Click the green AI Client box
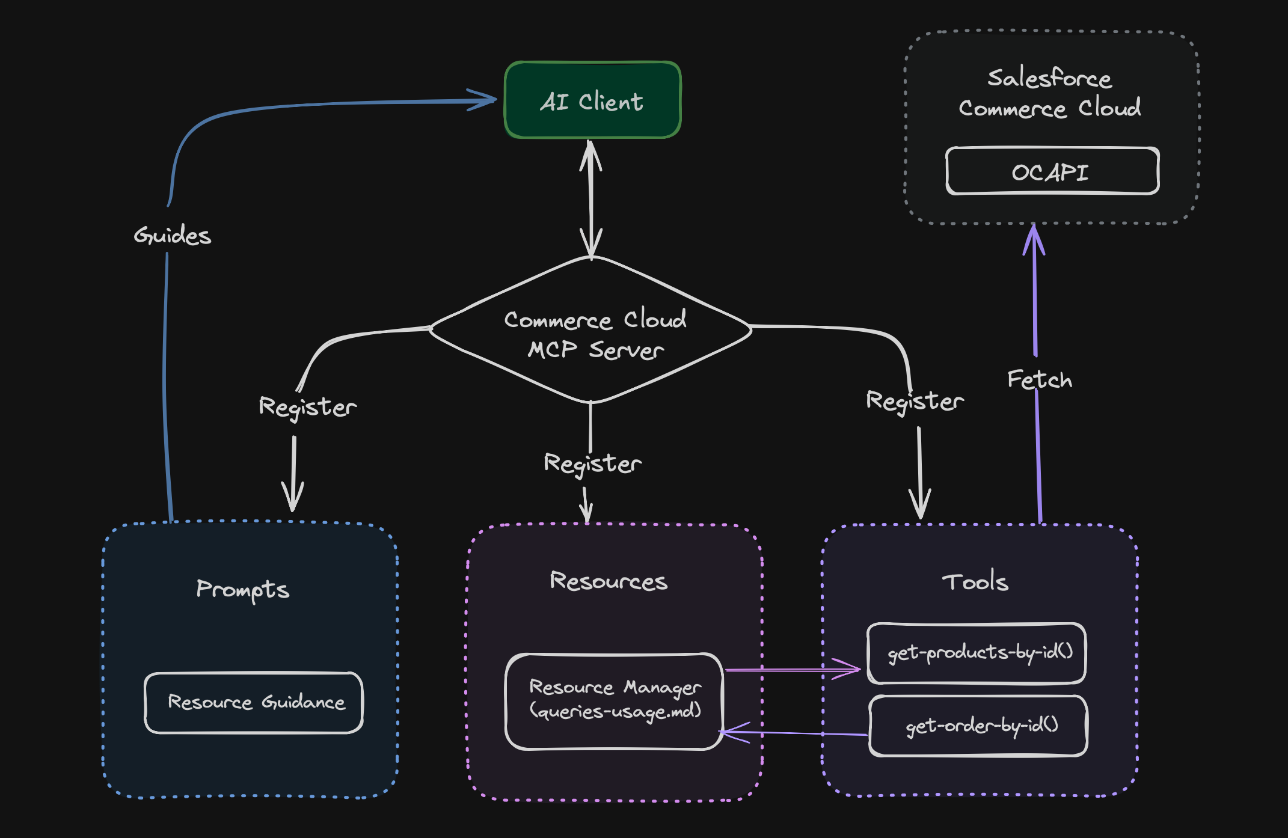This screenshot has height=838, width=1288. point(592,100)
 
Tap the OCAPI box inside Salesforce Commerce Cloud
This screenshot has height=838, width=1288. point(1052,171)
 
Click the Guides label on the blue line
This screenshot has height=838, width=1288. point(173,235)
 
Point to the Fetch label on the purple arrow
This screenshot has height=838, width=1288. point(1039,380)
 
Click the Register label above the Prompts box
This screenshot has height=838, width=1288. point(307,407)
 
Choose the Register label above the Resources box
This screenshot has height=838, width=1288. point(592,463)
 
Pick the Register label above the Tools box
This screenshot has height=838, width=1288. point(914,401)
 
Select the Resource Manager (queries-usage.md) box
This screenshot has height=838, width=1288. point(614,701)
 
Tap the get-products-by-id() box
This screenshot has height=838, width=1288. point(977,653)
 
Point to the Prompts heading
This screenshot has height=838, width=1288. point(242,590)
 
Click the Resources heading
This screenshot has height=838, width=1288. point(608,581)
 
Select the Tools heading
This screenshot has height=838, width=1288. point(975,581)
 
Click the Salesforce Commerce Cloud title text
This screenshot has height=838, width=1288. point(1049,93)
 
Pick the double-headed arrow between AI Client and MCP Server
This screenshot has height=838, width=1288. point(591,198)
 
